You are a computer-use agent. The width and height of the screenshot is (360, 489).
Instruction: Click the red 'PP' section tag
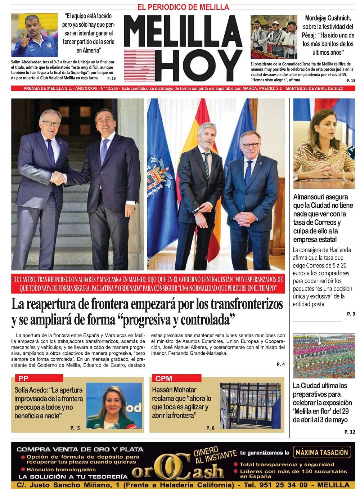click(x=23, y=378)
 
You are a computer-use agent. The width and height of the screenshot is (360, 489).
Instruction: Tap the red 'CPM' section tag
click(x=164, y=378)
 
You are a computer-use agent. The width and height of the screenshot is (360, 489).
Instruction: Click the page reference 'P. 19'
click(x=111, y=78)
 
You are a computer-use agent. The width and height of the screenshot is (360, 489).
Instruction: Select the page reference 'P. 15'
click(x=351, y=81)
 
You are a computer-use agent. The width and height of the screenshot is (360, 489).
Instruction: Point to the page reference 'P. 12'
click(x=350, y=432)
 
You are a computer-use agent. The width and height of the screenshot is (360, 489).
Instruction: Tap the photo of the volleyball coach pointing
click(x=34, y=35)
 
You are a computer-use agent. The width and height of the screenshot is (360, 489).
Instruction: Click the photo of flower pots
click(x=324, y=356)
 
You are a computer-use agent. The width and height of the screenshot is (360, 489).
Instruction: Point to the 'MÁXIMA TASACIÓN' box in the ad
click(x=322, y=452)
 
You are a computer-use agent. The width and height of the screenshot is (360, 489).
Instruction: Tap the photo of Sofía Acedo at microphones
click(x=114, y=406)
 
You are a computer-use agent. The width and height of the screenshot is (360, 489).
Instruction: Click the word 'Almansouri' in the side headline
click(x=310, y=197)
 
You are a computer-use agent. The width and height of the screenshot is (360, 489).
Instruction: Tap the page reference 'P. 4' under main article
click(x=280, y=364)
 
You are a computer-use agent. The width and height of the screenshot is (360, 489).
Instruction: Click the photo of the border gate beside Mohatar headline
click(x=250, y=406)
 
